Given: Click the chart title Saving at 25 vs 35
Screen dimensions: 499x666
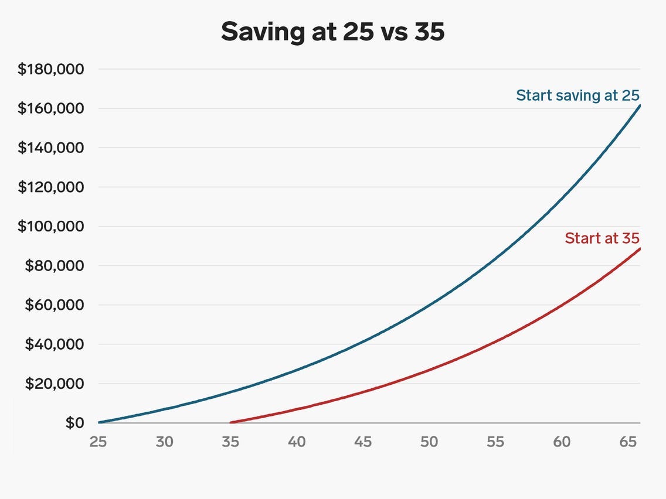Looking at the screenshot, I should pyautogui.click(x=332, y=32).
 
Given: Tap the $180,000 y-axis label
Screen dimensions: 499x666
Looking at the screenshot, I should pyautogui.click(x=51, y=70).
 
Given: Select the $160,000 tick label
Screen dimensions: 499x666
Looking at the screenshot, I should pyautogui.click(x=51, y=109).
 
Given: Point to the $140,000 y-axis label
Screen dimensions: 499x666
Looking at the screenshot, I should pyautogui.click(x=51, y=148).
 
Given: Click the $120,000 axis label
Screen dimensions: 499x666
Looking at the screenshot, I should pyautogui.click(x=51, y=187).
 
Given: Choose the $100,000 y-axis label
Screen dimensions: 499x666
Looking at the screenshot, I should pyautogui.click(x=51, y=227).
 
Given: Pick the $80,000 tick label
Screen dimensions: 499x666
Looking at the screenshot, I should pyautogui.click(x=55, y=266).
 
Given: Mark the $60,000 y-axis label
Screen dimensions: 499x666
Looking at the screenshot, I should pyautogui.click(x=55, y=305).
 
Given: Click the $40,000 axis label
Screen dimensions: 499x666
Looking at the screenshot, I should pyautogui.click(x=55, y=344).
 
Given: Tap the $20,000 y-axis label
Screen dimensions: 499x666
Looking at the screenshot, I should pyautogui.click(x=55, y=384).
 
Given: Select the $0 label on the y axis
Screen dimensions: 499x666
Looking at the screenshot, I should pyautogui.click(x=74, y=423).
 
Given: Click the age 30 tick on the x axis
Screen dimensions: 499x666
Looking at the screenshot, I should pyautogui.click(x=165, y=442).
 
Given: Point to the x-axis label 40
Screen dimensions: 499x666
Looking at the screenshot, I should pyautogui.click(x=297, y=442).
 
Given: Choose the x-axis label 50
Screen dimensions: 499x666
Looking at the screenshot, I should pyautogui.click(x=429, y=442).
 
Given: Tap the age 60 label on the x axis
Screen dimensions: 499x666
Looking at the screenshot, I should pyautogui.click(x=562, y=442).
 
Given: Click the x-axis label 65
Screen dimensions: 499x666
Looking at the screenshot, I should pyautogui.click(x=628, y=442).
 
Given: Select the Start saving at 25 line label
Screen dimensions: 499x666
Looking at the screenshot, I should pyautogui.click(x=577, y=95).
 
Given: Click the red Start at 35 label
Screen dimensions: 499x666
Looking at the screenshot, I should pyautogui.click(x=602, y=238).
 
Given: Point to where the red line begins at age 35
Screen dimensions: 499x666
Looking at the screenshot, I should pyautogui.click(x=231, y=422).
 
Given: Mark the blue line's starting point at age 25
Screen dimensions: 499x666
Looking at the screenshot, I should pyautogui.click(x=99, y=422).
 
